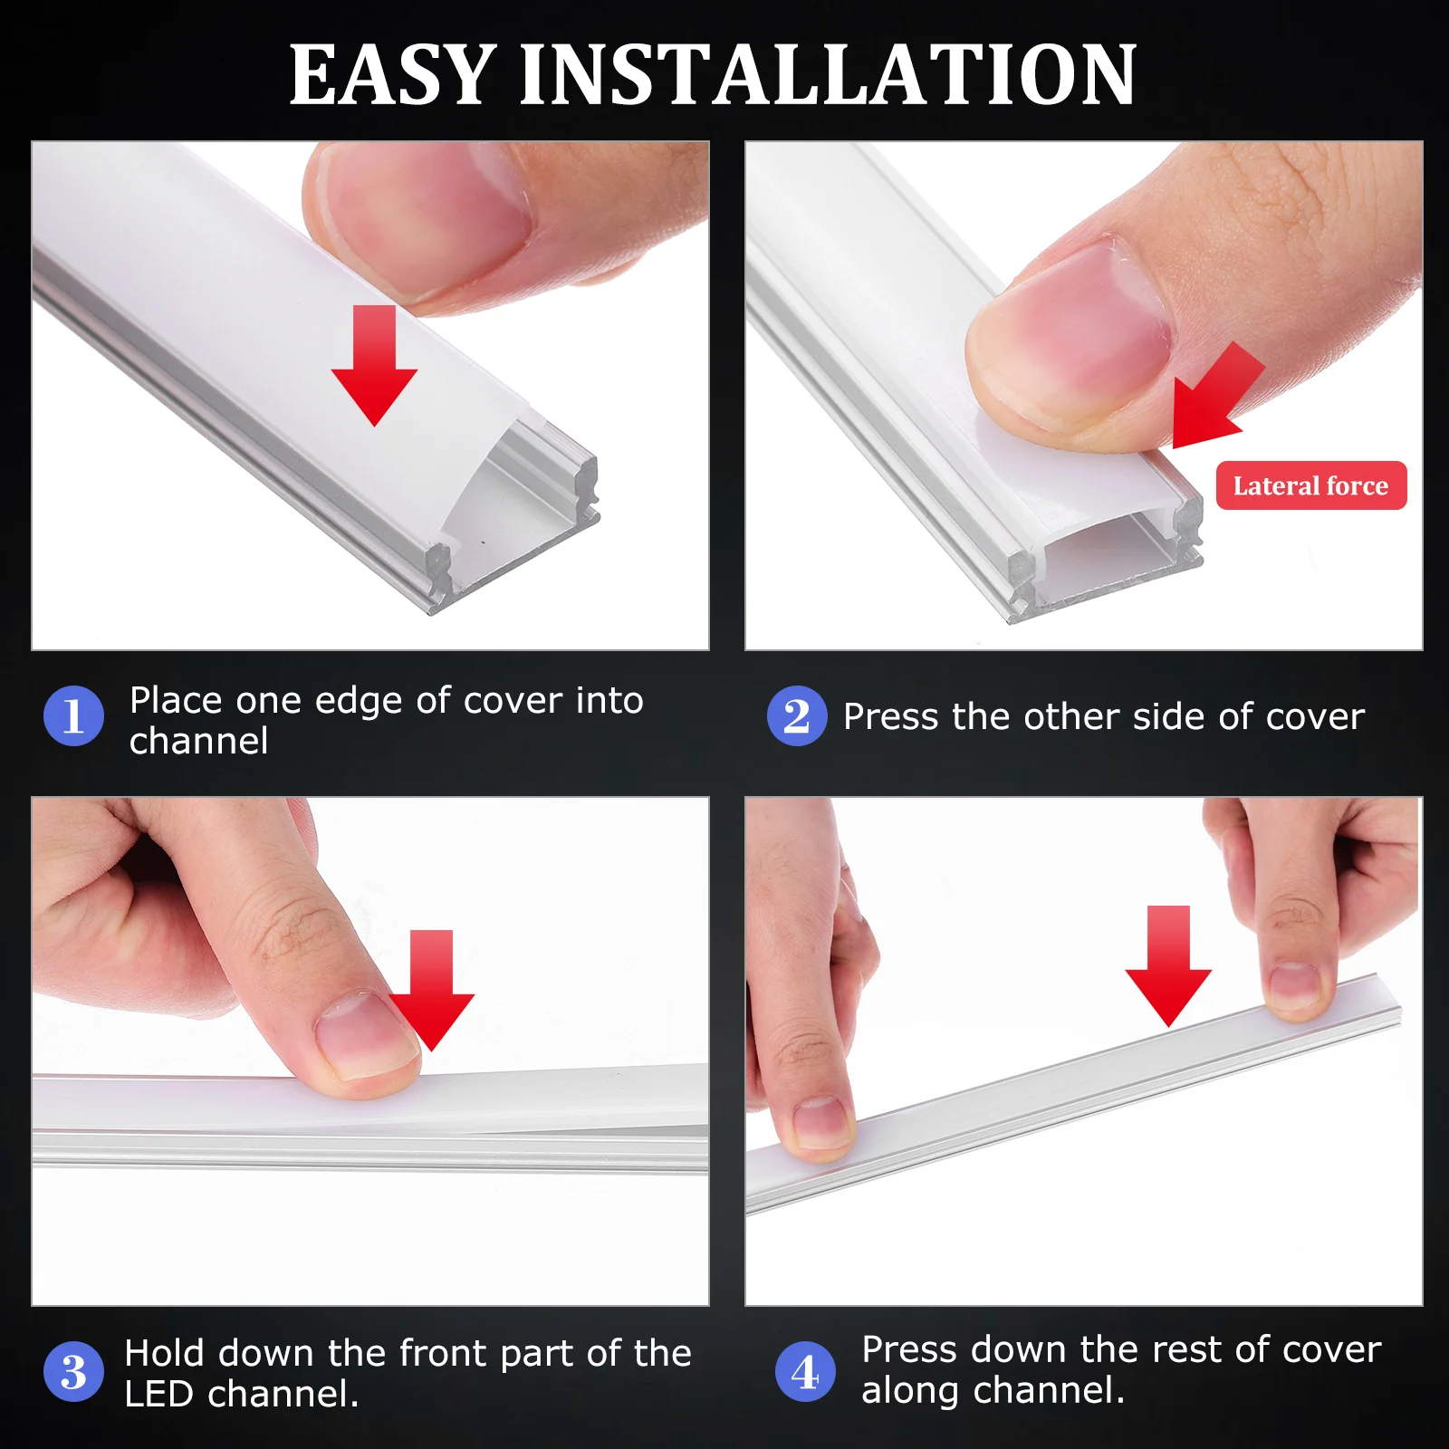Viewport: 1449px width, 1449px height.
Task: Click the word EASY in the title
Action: click(392, 75)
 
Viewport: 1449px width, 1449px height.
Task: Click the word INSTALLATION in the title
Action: click(828, 75)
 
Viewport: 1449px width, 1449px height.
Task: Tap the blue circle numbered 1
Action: click(74, 716)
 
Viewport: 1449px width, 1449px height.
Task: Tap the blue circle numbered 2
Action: click(797, 716)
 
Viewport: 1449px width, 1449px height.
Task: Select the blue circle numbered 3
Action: click(74, 1371)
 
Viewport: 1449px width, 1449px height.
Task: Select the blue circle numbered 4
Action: click(805, 1371)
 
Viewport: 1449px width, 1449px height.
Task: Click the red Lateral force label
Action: click(1310, 486)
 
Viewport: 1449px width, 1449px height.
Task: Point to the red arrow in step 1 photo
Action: click(374, 366)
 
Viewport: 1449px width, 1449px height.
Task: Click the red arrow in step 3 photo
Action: click(431, 990)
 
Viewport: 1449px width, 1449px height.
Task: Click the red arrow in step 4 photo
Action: click(1168, 965)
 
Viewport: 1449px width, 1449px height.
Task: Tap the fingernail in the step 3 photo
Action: click(362, 1035)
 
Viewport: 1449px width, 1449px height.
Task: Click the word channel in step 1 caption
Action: click(198, 742)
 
